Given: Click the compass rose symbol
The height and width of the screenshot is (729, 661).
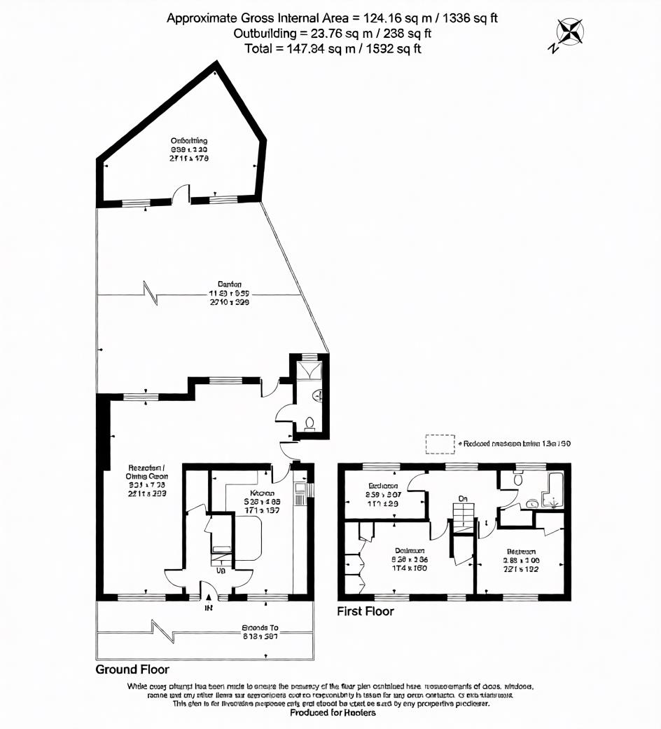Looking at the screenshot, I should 570,33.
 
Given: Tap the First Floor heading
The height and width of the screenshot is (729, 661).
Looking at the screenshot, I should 366,611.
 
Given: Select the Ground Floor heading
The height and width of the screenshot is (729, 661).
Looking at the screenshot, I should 132,669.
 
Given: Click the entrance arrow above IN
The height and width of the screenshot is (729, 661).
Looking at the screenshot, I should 208,598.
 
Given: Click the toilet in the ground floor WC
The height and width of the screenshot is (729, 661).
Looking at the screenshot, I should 309,423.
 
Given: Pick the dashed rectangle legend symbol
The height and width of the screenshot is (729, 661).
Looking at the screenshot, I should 440,444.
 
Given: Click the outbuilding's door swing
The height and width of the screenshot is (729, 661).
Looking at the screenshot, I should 181,193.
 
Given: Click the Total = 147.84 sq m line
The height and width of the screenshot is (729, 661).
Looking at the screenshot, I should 333,48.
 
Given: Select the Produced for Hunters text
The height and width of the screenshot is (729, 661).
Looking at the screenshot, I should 333,712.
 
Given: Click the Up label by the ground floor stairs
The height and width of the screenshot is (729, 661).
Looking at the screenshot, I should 221,571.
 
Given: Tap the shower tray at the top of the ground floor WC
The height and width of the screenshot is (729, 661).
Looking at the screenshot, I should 309,369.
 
